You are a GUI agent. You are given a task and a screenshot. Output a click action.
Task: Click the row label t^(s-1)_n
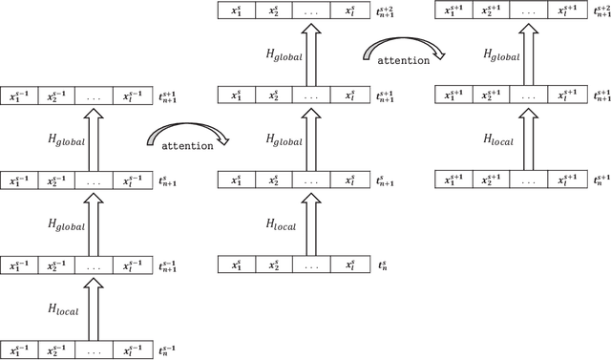point(169,351)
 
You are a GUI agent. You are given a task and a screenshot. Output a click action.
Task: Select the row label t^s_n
point(385,265)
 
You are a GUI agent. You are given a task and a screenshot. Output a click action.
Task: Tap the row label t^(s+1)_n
point(600,180)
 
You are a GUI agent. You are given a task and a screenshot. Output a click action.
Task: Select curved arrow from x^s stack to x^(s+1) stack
point(403,48)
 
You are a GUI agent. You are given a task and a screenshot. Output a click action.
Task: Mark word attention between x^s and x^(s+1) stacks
point(396,61)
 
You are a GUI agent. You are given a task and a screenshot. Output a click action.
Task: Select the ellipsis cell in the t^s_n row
point(305,264)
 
